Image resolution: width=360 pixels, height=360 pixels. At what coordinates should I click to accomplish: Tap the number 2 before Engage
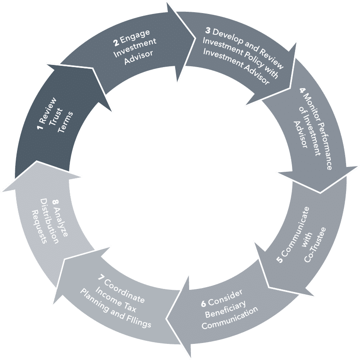tap(116, 42)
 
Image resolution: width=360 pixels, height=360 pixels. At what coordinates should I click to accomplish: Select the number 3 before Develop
tap(208, 31)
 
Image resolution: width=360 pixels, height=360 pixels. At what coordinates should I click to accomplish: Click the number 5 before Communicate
tap(279, 259)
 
